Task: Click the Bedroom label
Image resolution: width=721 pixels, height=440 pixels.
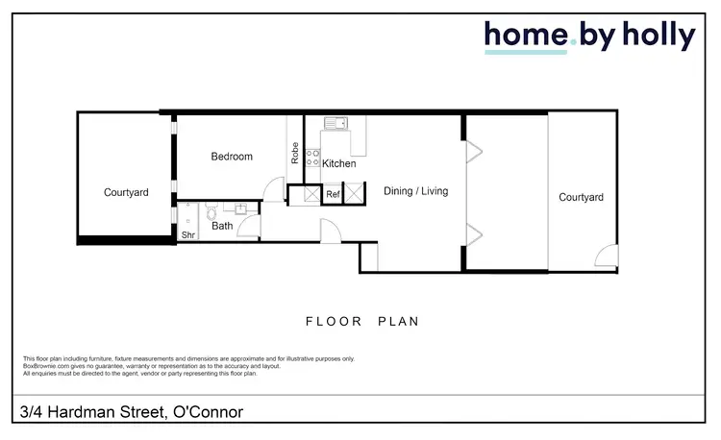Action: [232, 157]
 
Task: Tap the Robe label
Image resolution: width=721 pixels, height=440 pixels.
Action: [295, 155]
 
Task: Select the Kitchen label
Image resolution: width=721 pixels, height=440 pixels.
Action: [338, 164]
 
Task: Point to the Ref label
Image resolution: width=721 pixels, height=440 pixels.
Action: [333, 194]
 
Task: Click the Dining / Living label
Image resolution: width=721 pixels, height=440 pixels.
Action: [415, 191]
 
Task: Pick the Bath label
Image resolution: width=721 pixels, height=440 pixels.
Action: [222, 227]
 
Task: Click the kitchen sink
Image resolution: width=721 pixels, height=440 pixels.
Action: [336, 123]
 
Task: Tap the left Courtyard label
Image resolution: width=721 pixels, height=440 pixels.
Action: [126, 193]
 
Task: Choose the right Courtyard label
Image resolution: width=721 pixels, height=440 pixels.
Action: [581, 198]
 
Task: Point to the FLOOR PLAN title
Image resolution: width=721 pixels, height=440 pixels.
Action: [361, 322]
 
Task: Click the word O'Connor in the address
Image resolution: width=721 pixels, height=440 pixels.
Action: [207, 413]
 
